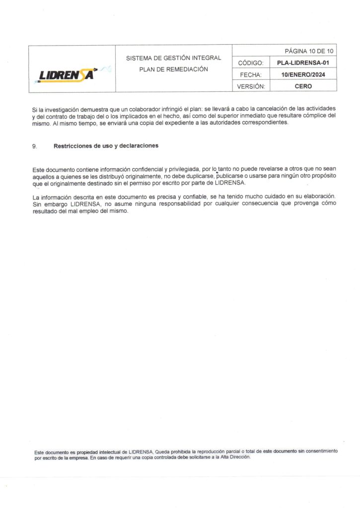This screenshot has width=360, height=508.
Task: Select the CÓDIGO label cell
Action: tap(251, 63)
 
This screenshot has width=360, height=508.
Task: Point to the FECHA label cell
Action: tap(251, 74)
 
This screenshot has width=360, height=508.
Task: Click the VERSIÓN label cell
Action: tap(251, 86)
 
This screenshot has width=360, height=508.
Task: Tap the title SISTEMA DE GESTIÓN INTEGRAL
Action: tap(173, 58)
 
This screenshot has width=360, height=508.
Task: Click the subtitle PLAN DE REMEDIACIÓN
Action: tap(173, 69)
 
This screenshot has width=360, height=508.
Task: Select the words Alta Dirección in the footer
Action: tap(237, 457)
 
